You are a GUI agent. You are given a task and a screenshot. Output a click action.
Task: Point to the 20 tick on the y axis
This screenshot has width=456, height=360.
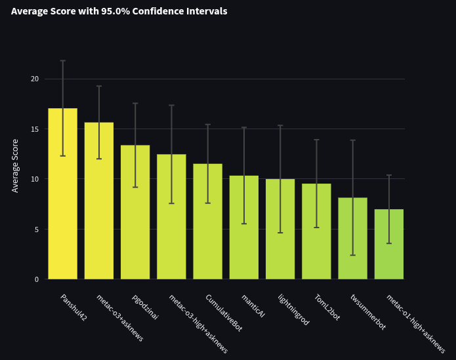click(x=34, y=79)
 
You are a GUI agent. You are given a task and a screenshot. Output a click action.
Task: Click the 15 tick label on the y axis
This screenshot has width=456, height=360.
click(x=34, y=129)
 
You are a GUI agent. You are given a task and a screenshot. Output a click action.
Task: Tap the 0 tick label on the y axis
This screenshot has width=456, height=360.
click(x=37, y=279)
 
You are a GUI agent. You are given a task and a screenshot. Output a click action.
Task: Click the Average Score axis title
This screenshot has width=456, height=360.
click(x=15, y=165)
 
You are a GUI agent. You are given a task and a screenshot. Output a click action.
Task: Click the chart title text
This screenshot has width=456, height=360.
click(x=119, y=11)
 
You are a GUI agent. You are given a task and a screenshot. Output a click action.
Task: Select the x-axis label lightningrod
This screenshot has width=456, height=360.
click(x=293, y=310)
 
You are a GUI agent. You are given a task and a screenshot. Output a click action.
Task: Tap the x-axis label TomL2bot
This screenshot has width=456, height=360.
click(x=327, y=308)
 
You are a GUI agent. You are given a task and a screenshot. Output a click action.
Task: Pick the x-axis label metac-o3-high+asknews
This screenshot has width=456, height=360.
click(x=198, y=324)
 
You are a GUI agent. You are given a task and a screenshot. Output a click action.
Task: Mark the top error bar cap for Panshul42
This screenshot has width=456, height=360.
click(x=63, y=61)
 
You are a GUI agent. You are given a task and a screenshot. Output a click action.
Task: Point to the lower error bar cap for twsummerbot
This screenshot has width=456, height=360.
click(x=353, y=255)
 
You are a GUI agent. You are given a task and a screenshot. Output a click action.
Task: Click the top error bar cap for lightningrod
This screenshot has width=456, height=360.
click(x=280, y=125)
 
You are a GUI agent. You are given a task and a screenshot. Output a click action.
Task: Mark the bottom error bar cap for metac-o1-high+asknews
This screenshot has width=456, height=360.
click(x=389, y=243)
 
